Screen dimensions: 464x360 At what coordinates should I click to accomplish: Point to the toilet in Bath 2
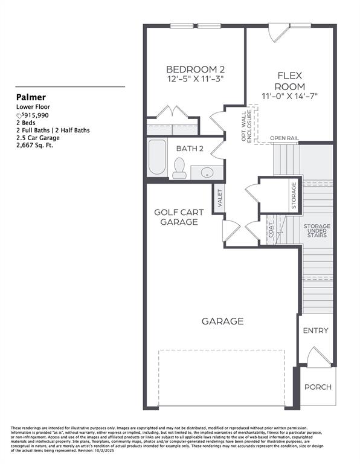(x=179, y=169)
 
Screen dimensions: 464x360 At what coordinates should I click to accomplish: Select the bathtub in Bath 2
(x=158, y=158)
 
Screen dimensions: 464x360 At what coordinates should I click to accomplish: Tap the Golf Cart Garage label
(x=179, y=217)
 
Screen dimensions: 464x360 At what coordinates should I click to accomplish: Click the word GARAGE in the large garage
(x=223, y=321)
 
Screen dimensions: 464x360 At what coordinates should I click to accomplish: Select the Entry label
(x=315, y=330)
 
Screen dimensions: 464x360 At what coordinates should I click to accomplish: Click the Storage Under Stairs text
(x=317, y=230)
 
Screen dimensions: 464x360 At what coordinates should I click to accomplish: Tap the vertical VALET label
(x=220, y=199)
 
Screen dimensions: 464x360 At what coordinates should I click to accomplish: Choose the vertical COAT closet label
(x=270, y=231)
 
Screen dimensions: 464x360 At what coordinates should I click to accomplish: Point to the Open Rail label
(x=284, y=138)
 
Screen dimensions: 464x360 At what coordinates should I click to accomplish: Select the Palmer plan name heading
(x=31, y=97)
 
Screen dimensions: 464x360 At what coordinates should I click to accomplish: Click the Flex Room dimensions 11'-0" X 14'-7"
(x=289, y=96)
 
